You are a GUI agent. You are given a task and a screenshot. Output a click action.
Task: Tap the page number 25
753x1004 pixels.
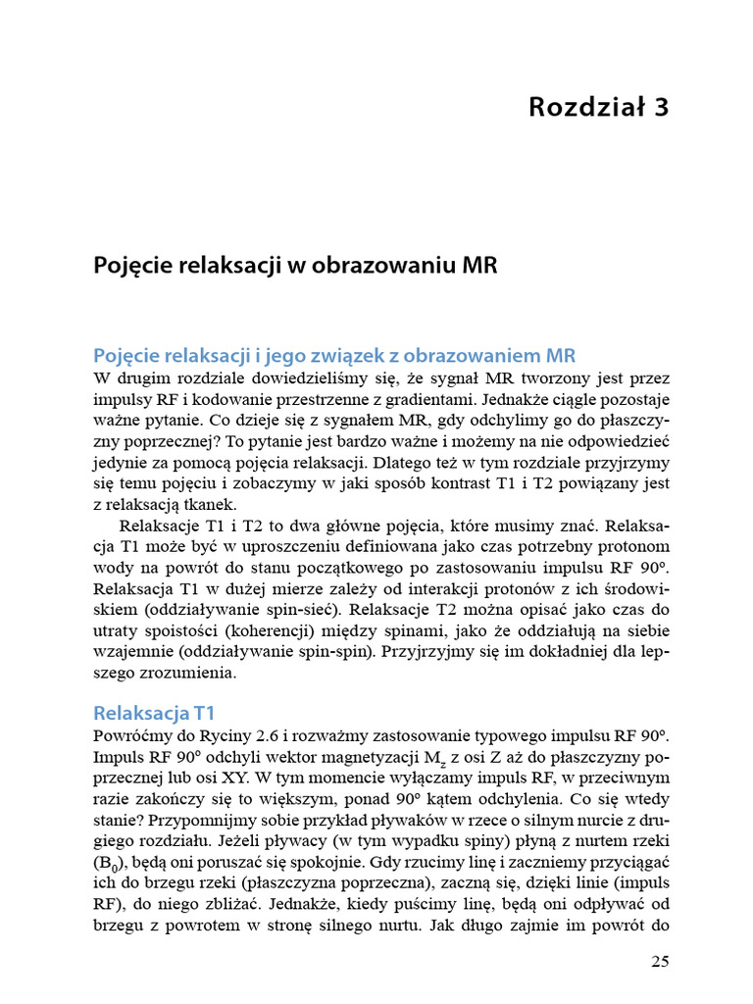pos(659,962)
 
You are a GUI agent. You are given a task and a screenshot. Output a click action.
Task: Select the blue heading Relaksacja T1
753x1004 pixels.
pos(154,712)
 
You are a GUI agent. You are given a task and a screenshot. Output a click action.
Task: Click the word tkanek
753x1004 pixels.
pos(207,505)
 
